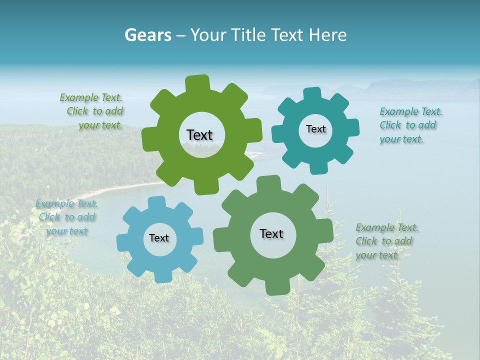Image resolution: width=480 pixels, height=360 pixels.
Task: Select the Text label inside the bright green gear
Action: (x=199, y=135)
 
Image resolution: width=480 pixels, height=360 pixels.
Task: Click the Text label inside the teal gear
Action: (x=315, y=129)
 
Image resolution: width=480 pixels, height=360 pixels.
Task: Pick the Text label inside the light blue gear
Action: (x=159, y=238)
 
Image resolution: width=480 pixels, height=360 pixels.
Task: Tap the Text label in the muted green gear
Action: (x=271, y=233)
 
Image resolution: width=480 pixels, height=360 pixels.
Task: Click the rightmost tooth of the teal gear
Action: (x=352, y=127)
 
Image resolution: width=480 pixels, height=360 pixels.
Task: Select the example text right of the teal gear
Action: (x=410, y=125)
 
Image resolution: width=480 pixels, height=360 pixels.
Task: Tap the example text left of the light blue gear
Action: (x=67, y=217)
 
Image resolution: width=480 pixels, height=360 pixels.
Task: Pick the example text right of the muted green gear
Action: (x=387, y=241)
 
